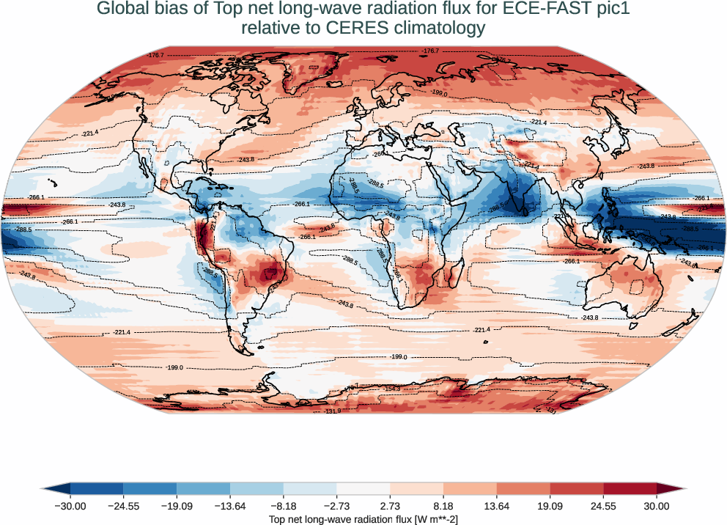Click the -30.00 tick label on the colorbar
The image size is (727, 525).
[70, 506]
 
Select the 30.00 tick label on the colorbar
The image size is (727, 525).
[657, 506]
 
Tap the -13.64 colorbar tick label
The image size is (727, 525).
[230, 506]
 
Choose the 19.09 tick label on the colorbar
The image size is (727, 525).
[550, 506]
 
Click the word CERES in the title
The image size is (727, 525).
[325, 29]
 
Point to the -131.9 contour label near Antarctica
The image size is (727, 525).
[333, 411]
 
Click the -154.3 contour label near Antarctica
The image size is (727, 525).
[391, 389]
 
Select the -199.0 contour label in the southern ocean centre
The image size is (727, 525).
[399, 357]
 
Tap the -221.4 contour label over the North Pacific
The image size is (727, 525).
[91, 133]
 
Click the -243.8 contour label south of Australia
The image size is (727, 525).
[590, 317]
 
